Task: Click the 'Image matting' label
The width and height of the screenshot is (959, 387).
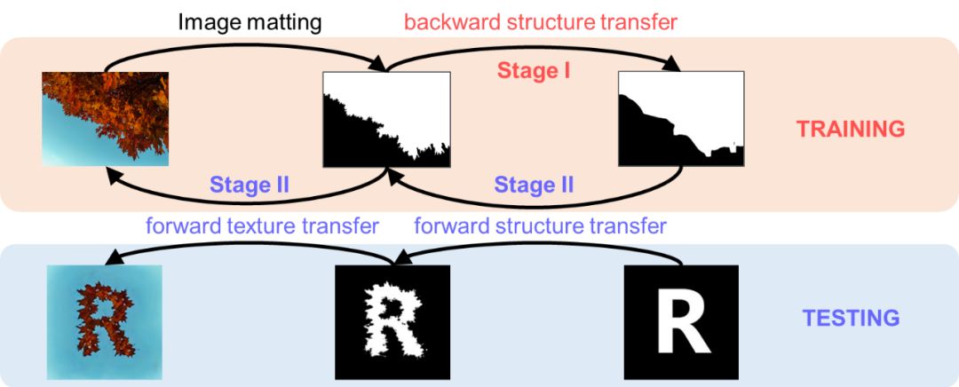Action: click(249, 21)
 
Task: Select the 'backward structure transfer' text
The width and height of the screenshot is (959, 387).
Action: click(541, 21)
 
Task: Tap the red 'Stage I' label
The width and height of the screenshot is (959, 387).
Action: click(533, 71)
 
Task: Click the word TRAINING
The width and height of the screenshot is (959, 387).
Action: click(850, 129)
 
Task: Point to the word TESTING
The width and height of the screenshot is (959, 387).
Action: click(851, 317)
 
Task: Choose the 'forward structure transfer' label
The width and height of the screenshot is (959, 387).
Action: click(540, 225)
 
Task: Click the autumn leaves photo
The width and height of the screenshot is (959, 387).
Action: click(105, 119)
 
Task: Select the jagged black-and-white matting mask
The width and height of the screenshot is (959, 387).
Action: click(387, 119)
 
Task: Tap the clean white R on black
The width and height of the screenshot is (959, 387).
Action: click(681, 322)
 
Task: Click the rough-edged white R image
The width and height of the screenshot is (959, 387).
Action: click(392, 322)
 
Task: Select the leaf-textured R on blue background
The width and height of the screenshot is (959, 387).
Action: click(104, 322)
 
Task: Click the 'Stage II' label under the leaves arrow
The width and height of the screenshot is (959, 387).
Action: click(250, 186)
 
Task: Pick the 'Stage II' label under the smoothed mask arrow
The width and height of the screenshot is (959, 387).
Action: click(534, 186)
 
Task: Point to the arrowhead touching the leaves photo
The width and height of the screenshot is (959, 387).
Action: click(113, 175)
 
